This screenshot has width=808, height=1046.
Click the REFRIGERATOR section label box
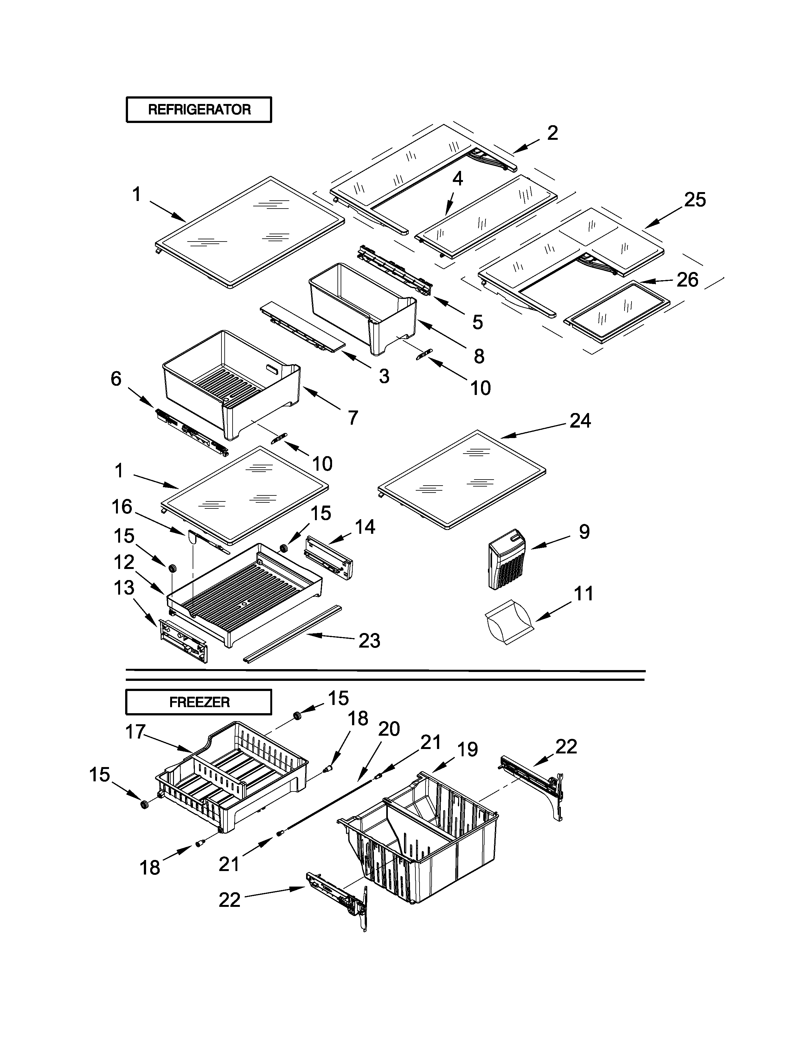pos(199,110)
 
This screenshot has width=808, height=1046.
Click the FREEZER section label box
pos(199,702)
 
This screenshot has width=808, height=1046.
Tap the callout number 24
pos(580,421)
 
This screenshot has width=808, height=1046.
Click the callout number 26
pos(687,280)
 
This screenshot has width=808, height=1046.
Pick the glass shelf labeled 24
pos(462,479)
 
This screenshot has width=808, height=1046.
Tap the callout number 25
pos(695,200)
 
